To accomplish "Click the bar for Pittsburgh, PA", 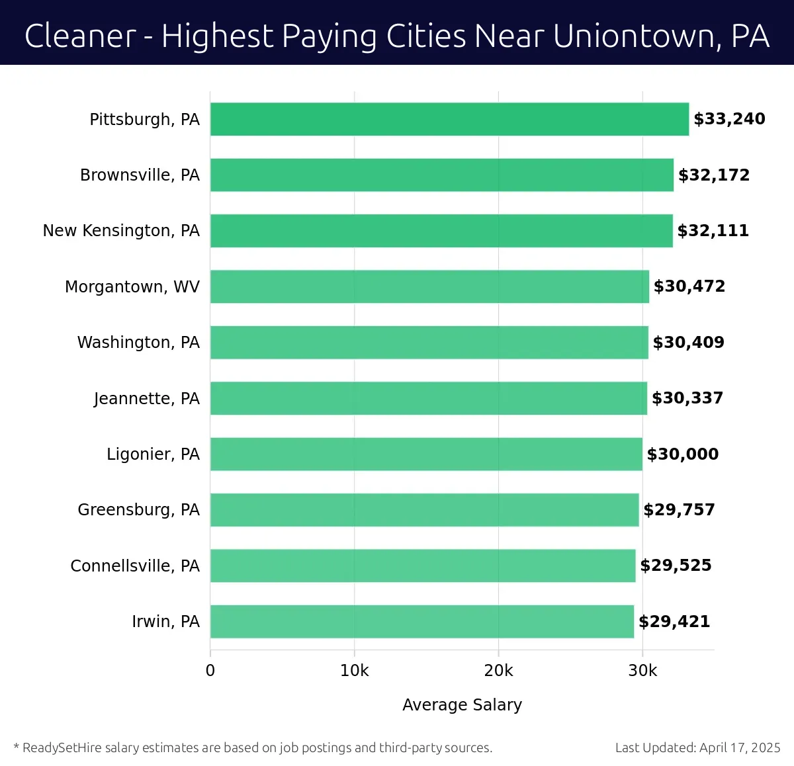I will pyautogui.click(x=449, y=119).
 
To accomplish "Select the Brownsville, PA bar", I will pyautogui.click(x=441, y=175).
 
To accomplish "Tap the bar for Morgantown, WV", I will pyautogui.click(x=429, y=286).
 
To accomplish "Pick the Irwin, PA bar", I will pyautogui.click(x=421, y=621).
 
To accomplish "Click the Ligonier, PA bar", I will pyautogui.click(x=426, y=454).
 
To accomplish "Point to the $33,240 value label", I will pyautogui.click(x=729, y=119).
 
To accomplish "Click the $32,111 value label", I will pyautogui.click(x=713, y=231).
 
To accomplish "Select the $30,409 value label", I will pyautogui.click(x=688, y=343).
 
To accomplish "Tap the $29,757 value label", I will pyautogui.click(x=679, y=510).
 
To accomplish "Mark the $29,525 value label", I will pyautogui.click(x=676, y=566).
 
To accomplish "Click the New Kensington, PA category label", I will pyautogui.click(x=121, y=231).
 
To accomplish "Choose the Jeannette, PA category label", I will pyautogui.click(x=146, y=398).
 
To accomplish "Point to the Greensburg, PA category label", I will pyautogui.click(x=138, y=510).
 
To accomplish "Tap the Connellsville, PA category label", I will pyautogui.click(x=135, y=566).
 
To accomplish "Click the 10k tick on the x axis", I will pyautogui.click(x=354, y=671).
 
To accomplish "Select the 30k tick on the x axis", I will pyautogui.click(x=642, y=671).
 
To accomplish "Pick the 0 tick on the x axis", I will pyautogui.click(x=210, y=671).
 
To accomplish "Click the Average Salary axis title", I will pyautogui.click(x=462, y=705).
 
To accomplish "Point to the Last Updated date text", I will pyautogui.click(x=697, y=748).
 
